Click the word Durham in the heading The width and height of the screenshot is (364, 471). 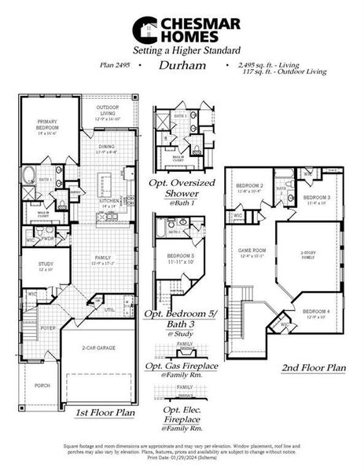point(182,66)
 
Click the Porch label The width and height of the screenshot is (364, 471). point(41,385)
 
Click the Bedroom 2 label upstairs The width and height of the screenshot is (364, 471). point(249,187)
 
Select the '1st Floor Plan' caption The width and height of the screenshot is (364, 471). point(105,411)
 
